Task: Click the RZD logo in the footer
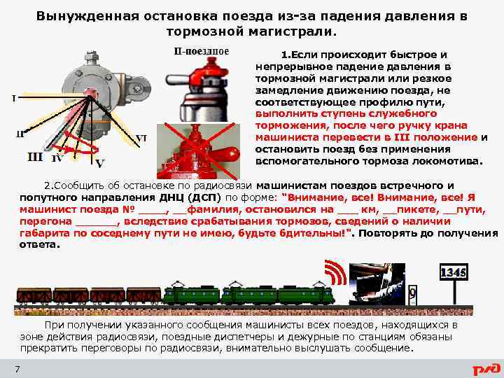pyautogui.click(x=486, y=368)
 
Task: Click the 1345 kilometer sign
pyautogui.click(x=454, y=272)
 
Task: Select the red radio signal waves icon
pyautogui.click(x=335, y=272)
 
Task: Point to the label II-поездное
pyautogui.click(x=202, y=51)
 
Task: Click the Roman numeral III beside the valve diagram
pyautogui.click(x=35, y=157)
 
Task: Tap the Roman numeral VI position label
pyautogui.click(x=141, y=139)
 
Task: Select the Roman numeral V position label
pyautogui.click(x=100, y=164)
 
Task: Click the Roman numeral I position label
pyautogui.click(x=14, y=98)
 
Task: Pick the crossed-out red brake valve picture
pyautogui.click(x=198, y=151)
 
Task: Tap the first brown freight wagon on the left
pyautogui.click(x=34, y=296)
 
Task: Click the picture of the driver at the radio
pyautogui.click(x=377, y=284)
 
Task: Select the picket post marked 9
pyautogui.click(x=412, y=295)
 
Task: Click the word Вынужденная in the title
pyautogui.click(x=87, y=16)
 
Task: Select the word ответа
pyautogui.click(x=40, y=244)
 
